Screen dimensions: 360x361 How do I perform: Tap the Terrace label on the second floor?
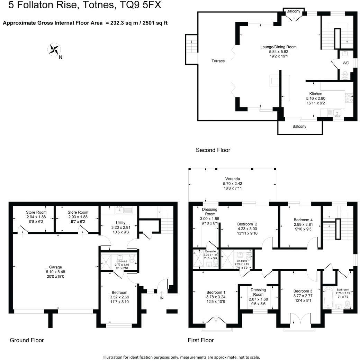(x=218, y=61)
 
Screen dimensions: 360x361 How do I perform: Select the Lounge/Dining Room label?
(x=278, y=47)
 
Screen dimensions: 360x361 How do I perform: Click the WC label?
(x=345, y=63)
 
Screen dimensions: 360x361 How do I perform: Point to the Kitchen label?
(x=316, y=94)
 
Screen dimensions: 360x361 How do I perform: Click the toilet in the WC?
(x=345, y=75)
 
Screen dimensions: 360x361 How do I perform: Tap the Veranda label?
(x=232, y=179)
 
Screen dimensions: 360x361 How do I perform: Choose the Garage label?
(x=55, y=267)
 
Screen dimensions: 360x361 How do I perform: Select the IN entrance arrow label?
(x=161, y=297)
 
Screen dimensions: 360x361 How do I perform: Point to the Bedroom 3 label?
(x=303, y=291)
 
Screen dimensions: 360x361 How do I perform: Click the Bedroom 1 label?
(x=215, y=292)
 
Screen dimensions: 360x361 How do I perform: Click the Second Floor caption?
(x=213, y=150)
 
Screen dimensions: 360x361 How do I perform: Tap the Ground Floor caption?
(x=27, y=340)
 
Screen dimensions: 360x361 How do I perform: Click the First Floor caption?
(x=200, y=340)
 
